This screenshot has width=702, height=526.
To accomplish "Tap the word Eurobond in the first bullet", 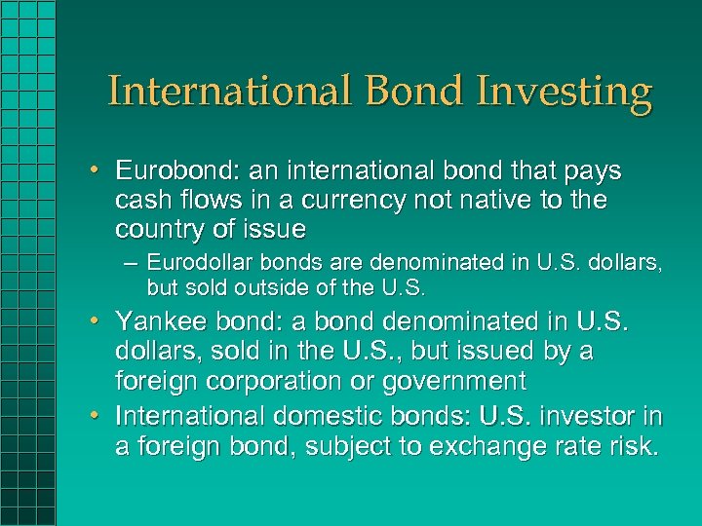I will coord(160,171).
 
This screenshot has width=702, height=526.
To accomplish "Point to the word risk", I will coord(633,446).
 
